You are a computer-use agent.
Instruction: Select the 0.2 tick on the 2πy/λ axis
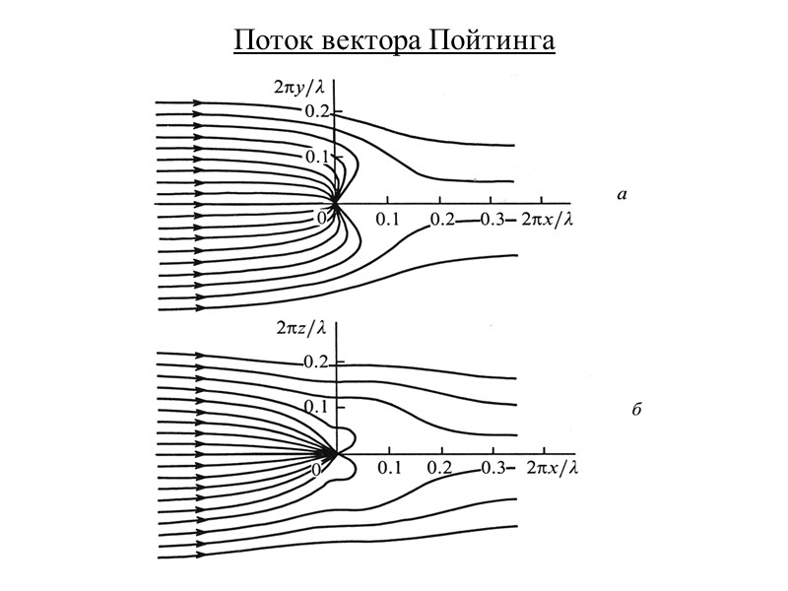317,110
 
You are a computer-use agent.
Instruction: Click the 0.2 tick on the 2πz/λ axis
317,362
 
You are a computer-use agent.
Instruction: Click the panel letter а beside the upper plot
621,196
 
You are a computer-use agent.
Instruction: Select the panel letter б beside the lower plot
636,409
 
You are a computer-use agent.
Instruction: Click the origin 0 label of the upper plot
322,215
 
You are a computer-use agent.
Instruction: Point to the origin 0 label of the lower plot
317,471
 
